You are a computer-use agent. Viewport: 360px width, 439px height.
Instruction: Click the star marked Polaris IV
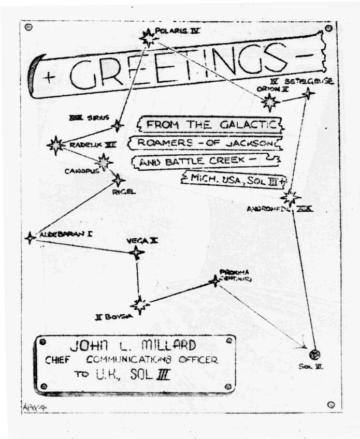point(149,37)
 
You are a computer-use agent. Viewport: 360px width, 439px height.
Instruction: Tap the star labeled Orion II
point(269,101)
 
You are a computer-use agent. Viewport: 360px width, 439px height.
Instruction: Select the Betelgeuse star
point(309,94)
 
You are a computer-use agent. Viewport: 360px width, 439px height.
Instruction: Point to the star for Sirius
point(118,125)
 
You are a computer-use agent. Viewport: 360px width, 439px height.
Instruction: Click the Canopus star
point(104,162)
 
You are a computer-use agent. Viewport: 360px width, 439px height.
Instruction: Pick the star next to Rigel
point(119,180)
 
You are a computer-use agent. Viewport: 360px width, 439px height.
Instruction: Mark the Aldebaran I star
point(30,238)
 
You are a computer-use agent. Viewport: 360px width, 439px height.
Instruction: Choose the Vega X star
point(137,253)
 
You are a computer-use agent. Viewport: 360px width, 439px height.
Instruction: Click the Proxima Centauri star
point(214,281)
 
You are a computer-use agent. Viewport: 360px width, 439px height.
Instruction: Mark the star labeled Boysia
point(140,304)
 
